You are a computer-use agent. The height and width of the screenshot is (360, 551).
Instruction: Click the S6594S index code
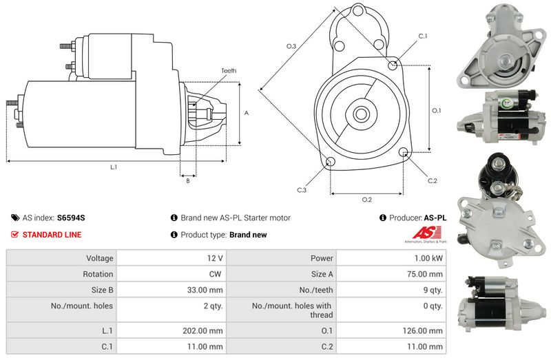(x=71, y=218)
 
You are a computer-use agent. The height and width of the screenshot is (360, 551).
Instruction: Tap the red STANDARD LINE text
(x=52, y=235)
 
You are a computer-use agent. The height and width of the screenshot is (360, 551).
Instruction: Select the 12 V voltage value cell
(x=214, y=259)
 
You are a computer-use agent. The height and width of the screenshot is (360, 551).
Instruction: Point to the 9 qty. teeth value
(x=433, y=290)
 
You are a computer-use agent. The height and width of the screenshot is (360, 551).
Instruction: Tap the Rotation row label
(x=98, y=274)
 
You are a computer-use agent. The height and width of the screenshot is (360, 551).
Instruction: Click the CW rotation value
(x=216, y=274)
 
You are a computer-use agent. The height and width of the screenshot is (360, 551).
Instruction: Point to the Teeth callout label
(x=229, y=71)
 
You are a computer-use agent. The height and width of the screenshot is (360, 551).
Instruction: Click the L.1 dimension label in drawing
(x=113, y=167)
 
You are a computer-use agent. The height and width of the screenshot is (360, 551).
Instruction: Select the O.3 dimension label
(x=291, y=46)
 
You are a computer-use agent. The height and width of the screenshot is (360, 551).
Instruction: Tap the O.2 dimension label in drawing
(x=367, y=200)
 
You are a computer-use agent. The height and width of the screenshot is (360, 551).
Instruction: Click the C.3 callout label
(x=302, y=189)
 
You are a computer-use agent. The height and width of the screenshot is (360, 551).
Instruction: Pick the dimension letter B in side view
(x=188, y=181)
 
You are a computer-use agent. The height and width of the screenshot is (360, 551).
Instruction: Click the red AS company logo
(x=420, y=235)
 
